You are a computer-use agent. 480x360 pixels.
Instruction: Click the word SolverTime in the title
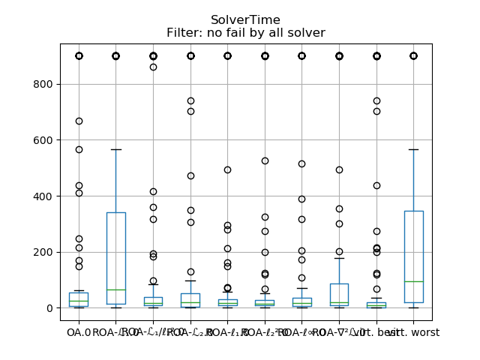coord(245,20)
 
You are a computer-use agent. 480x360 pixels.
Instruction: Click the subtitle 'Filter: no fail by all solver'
coord(245,33)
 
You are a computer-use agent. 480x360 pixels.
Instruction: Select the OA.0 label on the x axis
coord(78,332)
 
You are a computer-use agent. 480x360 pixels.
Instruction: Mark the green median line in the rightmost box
coord(413,281)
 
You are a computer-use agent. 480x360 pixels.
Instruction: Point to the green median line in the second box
coord(115,289)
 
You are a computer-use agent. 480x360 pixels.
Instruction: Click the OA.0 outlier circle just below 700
coord(79,121)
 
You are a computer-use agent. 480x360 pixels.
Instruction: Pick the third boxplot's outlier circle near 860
coord(153,67)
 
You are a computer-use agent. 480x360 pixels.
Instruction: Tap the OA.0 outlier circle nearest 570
coord(79,149)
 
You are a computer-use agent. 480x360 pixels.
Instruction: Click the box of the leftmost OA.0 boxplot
coord(79,299)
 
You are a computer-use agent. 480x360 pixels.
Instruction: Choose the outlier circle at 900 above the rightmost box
coord(413,55)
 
